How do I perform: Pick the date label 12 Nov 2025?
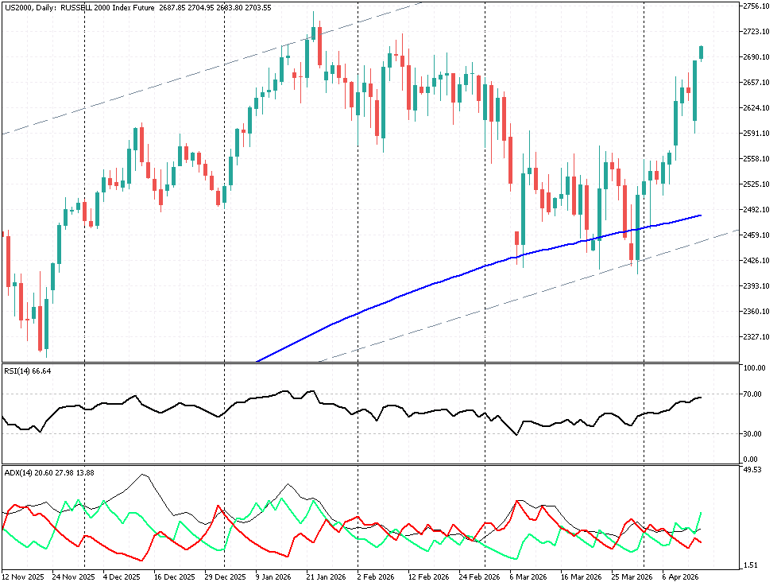[x=23, y=576]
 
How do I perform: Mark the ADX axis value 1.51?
[x=751, y=565]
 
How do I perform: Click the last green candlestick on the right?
[x=702, y=52]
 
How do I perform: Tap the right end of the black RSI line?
[x=701, y=397]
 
